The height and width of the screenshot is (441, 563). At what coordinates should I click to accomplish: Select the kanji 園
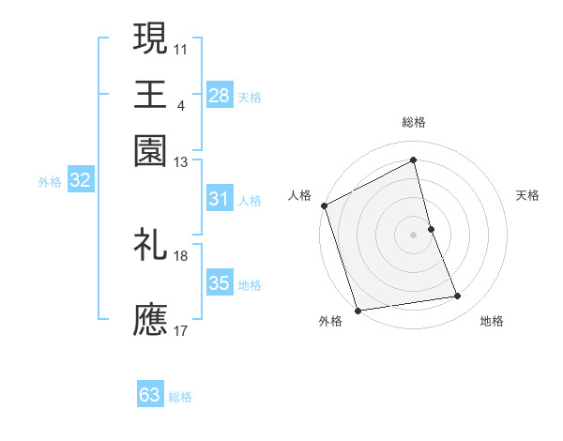(x=150, y=150)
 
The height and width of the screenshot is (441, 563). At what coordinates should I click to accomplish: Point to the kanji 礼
(x=150, y=244)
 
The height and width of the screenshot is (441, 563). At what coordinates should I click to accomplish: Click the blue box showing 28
(x=220, y=96)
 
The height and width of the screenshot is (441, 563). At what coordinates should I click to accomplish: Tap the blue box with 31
(x=220, y=199)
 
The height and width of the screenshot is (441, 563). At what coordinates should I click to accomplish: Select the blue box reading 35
(x=220, y=283)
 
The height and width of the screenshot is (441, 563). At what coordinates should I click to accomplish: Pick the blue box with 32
(x=80, y=181)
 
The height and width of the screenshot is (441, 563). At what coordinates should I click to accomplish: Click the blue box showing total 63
(x=150, y=395)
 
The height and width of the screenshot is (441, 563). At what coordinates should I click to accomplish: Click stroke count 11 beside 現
(x=181, y=48)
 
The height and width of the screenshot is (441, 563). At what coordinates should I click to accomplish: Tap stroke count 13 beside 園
(x=181, y=162)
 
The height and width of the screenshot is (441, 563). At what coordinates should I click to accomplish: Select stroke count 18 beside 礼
(x=181, y=255)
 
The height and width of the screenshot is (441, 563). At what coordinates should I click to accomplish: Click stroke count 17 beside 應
(x=181, y=330)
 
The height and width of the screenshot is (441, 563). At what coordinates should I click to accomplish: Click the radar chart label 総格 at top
(x=414, y=122)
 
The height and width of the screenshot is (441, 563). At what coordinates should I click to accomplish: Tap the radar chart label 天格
(x=528, y=195)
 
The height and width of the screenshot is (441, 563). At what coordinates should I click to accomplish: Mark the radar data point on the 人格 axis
(x=324, y=205)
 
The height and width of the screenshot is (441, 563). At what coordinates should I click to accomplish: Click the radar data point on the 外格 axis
(x=358, y=311)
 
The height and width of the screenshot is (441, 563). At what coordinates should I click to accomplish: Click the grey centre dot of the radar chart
(x=414, y=235)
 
